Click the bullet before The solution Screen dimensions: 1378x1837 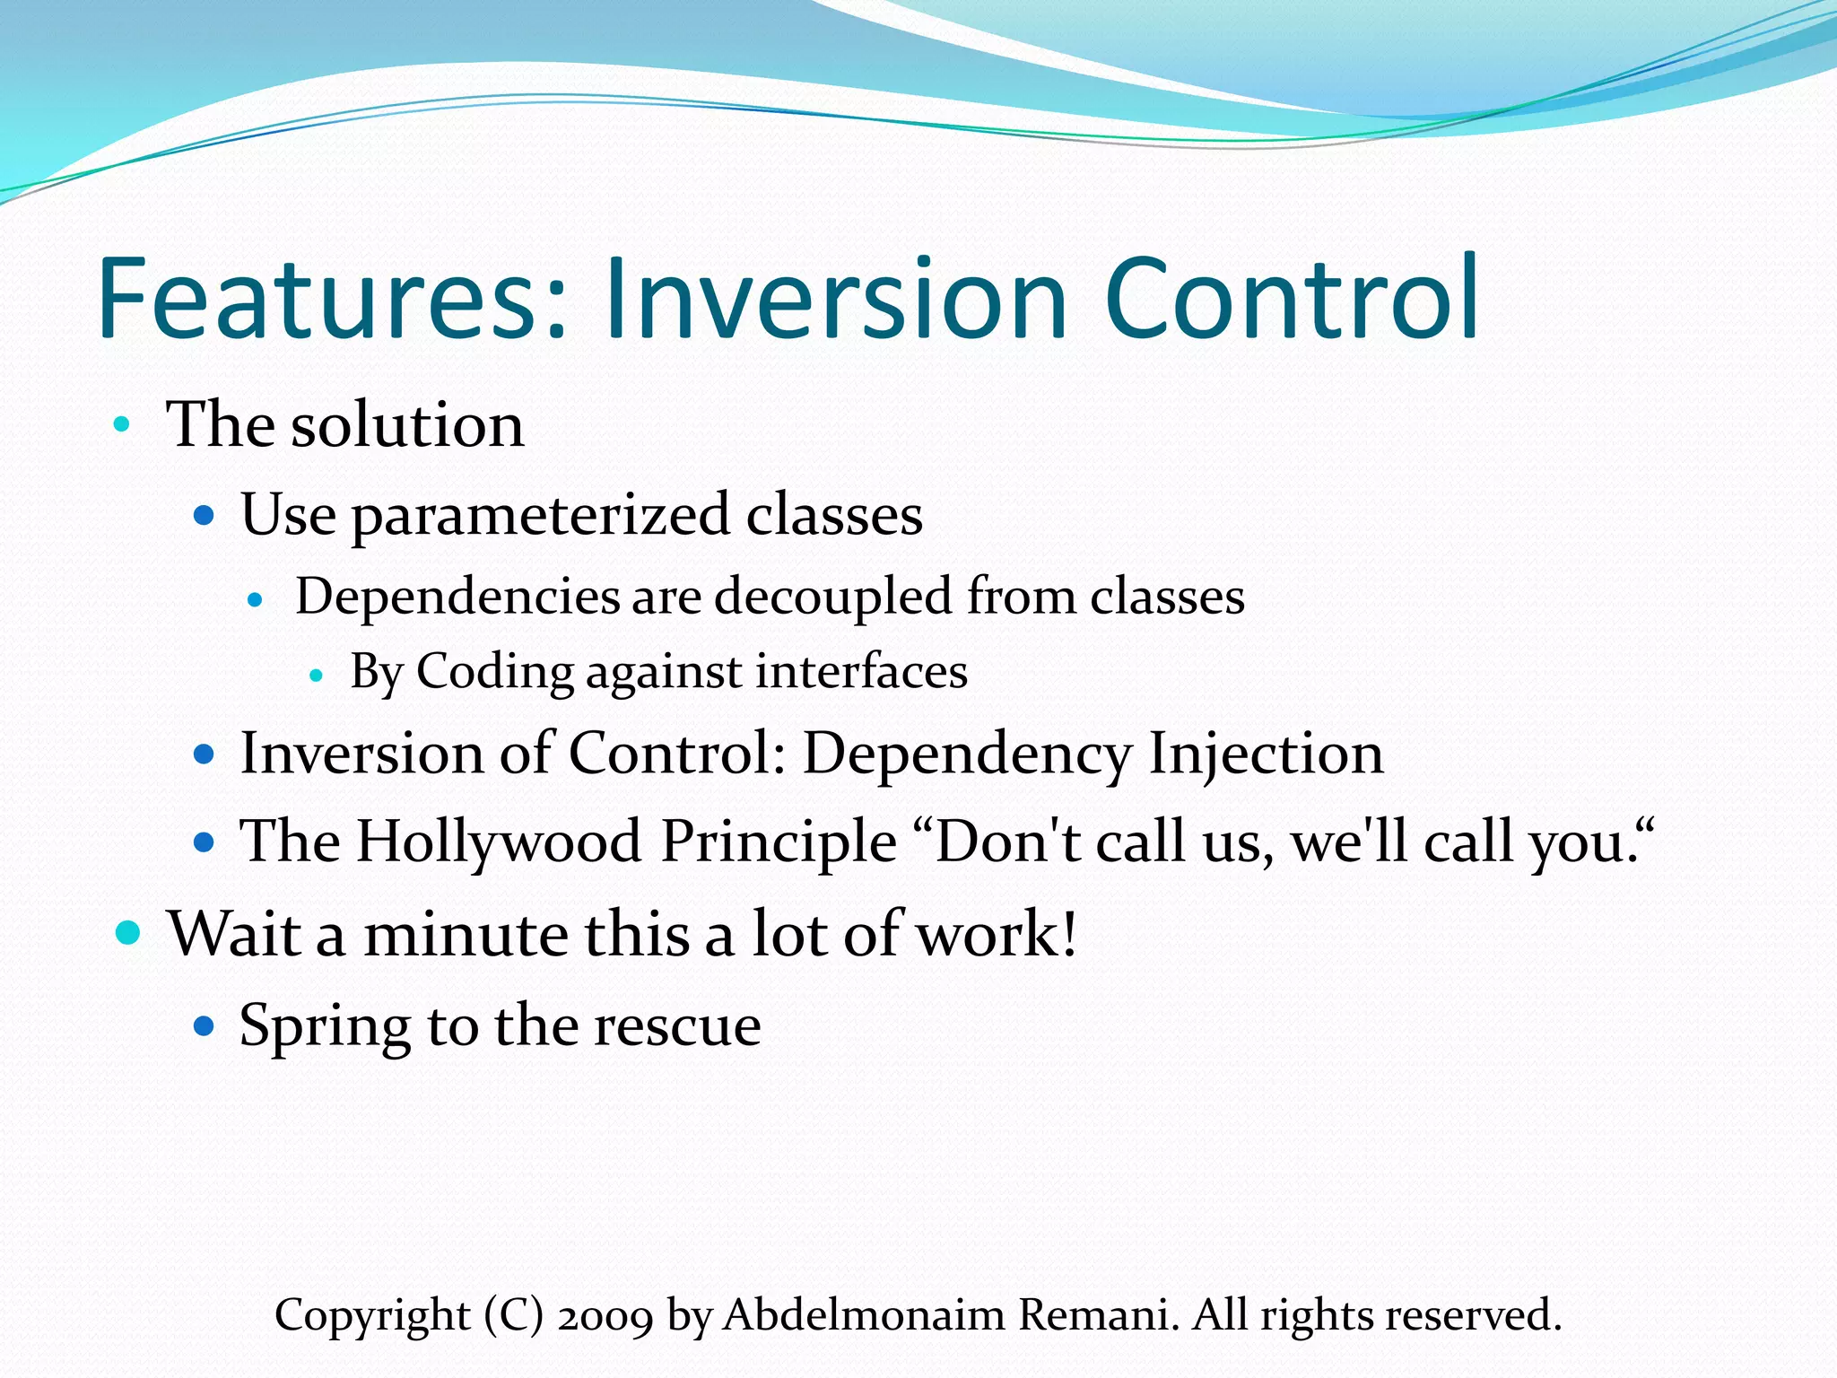point(122,423)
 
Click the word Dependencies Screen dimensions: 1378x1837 point(457,597)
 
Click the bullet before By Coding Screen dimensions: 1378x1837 point(315,675)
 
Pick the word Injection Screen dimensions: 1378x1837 point(1267,754)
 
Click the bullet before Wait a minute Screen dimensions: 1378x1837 point(129,933)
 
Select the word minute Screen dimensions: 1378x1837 point(465,935)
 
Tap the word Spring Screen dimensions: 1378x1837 point(325,1026)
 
